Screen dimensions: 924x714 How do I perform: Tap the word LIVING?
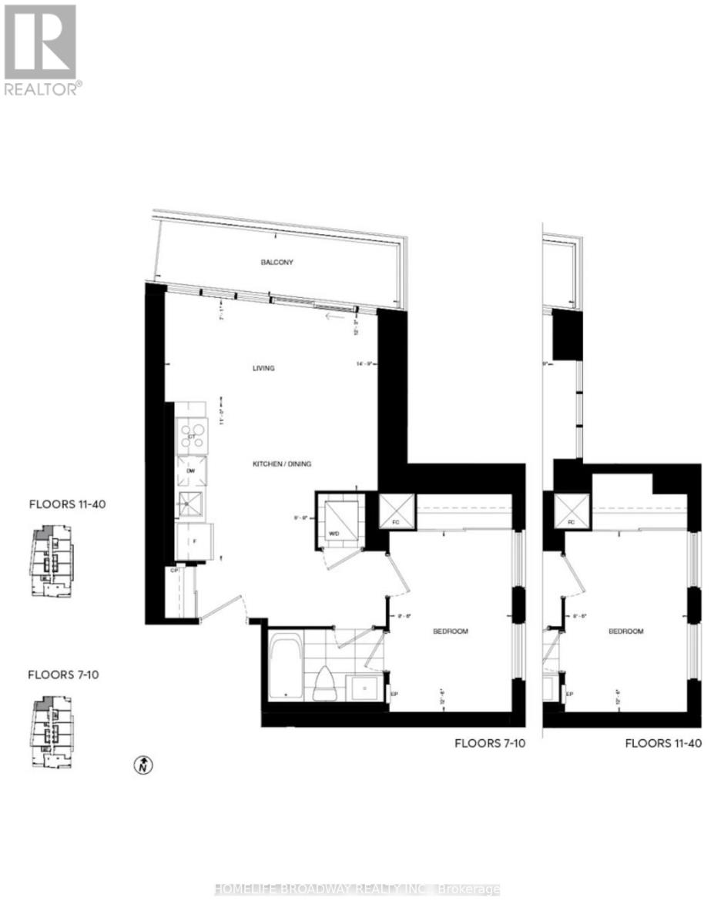pyautogui.click(x=263, y=368)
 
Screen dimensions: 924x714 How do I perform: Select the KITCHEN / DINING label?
pyautogui.click(x=282, y=464)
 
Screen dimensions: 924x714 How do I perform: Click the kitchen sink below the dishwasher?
pyautogui.click(x=189, y=506)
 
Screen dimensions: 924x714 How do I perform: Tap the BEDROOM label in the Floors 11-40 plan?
pyautogui.click(x=625, y=631)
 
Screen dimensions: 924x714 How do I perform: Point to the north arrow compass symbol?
pyautogui.click(x=143, y=765)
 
